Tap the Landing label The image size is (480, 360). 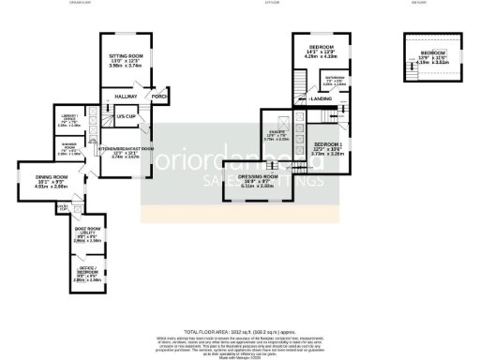(x=321, y=97)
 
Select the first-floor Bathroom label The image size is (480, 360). (x=335, y=82)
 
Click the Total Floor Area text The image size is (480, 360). (x=240, y=333)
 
